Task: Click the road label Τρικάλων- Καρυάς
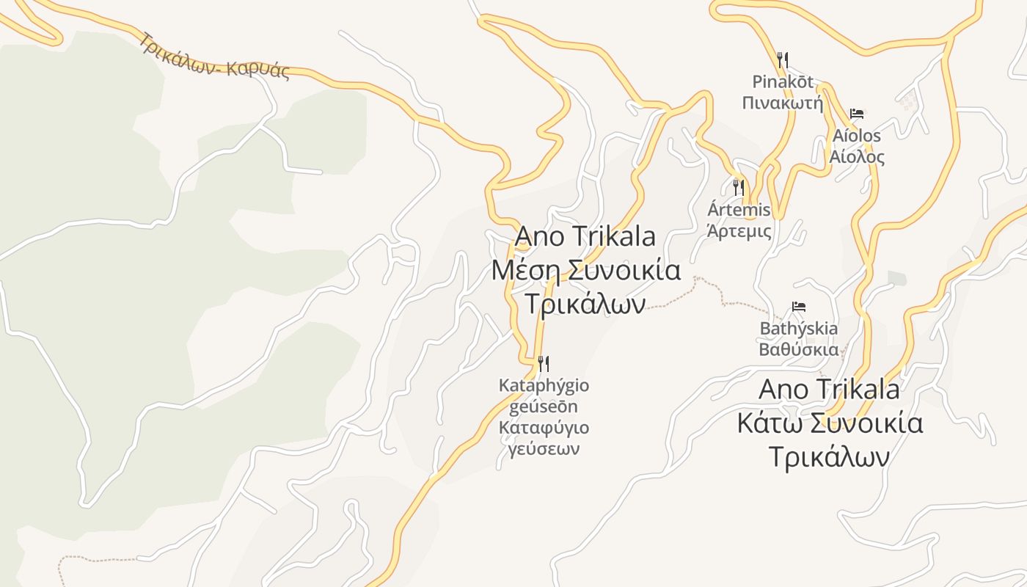click(214, 56)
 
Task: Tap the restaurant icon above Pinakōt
click(783, 59)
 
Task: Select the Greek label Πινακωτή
click(783, 103)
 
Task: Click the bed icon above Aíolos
click(856, 114)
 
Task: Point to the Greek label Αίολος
click(856, 157)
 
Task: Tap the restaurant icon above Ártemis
click(739, 187)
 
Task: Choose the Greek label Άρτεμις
click(739, 231)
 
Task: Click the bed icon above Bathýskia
click(799, 306)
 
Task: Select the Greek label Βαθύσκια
click(799, 349)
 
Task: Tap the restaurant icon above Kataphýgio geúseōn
click(544, 362)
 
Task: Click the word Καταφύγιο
click(544, 428)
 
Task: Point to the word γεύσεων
click(544, 449)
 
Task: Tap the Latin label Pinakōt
click(783, 81)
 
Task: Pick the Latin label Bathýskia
click(799, 328)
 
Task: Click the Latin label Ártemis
click(739, 210)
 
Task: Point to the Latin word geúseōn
click(544, 406)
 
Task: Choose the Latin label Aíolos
click(856, 136)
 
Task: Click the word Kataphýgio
click(544, 385)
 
